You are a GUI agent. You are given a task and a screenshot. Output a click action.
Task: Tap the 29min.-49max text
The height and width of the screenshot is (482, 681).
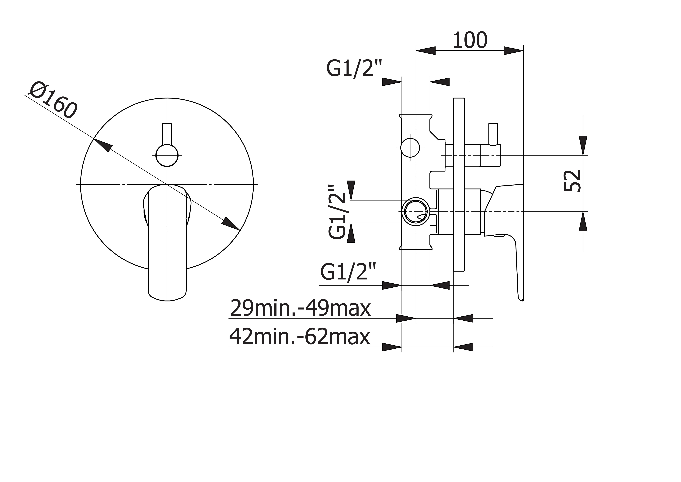coord(300,308)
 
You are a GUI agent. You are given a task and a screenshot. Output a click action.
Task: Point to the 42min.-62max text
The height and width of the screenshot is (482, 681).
coord(300,336)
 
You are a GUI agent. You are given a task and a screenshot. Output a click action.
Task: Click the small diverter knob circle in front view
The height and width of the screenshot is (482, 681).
coord(167,155)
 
